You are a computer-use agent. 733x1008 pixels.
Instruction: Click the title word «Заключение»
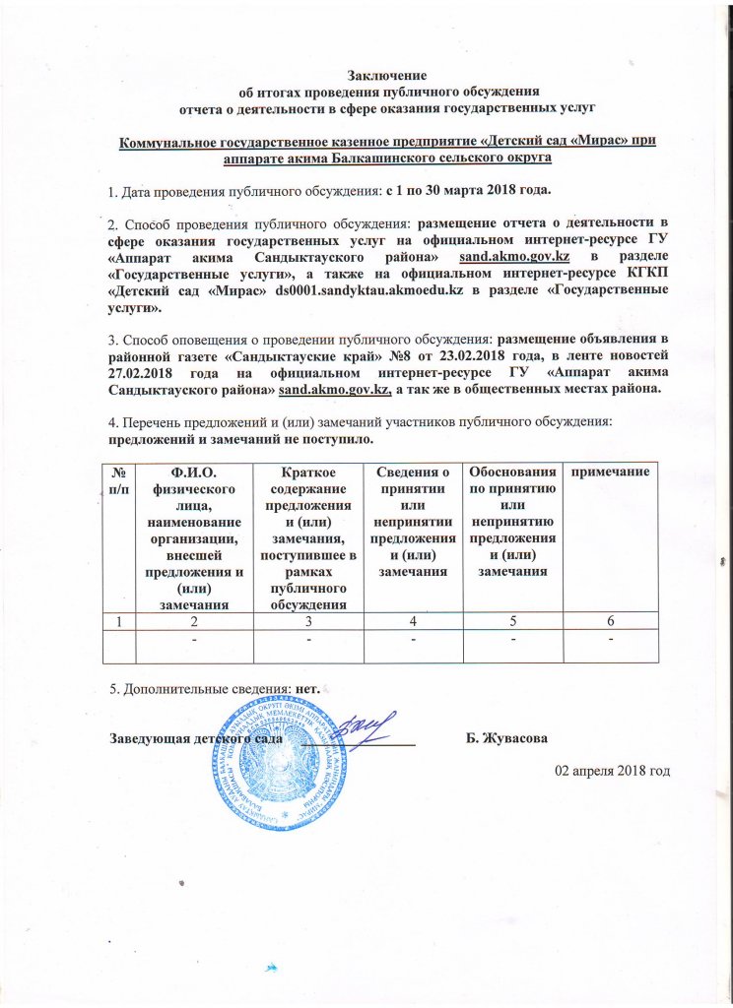tap(388, 74)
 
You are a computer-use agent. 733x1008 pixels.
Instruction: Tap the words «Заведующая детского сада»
tap(196, 738)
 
